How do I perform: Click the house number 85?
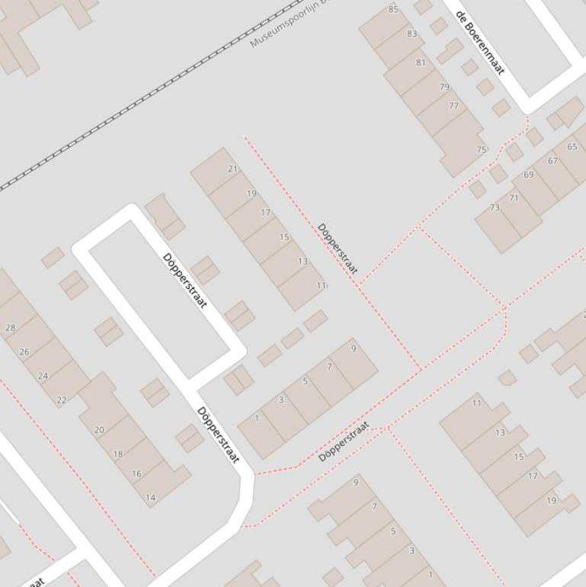(x=393, y=9)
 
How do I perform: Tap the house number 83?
(x=412, y=34)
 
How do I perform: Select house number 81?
(x=421, y=63)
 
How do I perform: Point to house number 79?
(x=444, y=87)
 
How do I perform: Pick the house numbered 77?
(x=453, y=106)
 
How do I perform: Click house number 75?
(x=481, y=149)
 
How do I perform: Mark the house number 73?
(x=495, y=207)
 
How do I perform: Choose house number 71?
(x=514, y=198)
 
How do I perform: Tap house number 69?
(x=529, y=175)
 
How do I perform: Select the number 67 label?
(x=552, y=161)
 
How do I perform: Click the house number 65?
(x=572, y=146)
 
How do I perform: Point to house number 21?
(x=232, y=169)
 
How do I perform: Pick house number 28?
(x=10, y=328)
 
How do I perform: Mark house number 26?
(x=24, y=351)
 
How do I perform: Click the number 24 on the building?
(x=43, y=376)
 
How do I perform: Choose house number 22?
(x=61, y=399)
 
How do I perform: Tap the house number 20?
(x=99, y=430)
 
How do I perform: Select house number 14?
(x=150, y=498)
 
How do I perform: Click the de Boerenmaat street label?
(x=480, y=43)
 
